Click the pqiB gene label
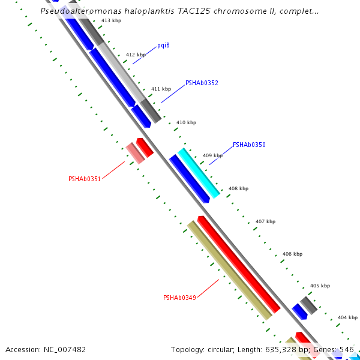point(163,45)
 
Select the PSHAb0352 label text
point(202,83)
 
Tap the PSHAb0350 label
point(249,145)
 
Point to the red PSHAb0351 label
point(85,178)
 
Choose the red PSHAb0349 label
point(179,298)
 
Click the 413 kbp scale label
point(111,20)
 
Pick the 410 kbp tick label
point(186,122)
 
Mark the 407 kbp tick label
point(265,221)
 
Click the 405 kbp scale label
point(319,286)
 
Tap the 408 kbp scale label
point(238,188)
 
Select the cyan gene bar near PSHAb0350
point(199,173)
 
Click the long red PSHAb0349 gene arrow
point(239,265)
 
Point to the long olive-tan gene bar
point(229,270)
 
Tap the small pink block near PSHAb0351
point(135,153)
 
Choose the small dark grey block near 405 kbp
point(308,305)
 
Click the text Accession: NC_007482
point(46,349)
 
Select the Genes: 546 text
point(337,349)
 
